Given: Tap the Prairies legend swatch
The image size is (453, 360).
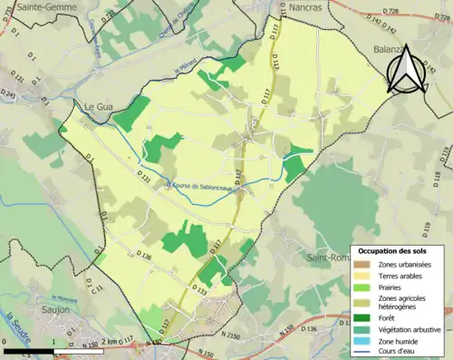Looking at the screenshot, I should [x=360, y=287].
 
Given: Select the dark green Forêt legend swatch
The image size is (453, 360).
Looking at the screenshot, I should [x=360, y=318].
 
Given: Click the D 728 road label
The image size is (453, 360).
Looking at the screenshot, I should [x=390, y=11].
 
